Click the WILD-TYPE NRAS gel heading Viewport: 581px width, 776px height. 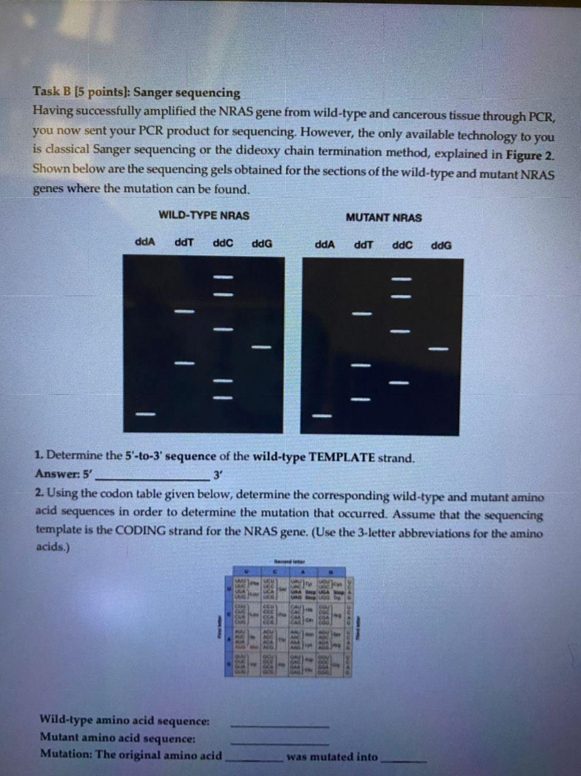pos(203,215)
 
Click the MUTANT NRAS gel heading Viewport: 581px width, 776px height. pos(383,218)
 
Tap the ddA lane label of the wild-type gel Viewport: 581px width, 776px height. pos(144,242)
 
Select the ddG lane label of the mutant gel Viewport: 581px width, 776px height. pos(441,246)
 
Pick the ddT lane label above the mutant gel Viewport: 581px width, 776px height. pos(363,245)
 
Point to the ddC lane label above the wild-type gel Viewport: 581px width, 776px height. pos(223,243)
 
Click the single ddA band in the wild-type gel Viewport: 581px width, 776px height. pos(145,414)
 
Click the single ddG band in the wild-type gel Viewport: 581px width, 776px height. pos(261,347)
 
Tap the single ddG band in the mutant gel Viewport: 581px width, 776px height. pos(438,349)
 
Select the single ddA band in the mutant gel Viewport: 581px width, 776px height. pos(322,416)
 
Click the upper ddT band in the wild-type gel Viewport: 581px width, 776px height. pos(184,311)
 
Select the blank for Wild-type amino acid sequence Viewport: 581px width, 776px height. pos(280,725)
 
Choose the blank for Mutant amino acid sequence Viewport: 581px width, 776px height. pos(280,743)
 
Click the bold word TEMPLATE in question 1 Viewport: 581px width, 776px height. pos(342,457)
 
